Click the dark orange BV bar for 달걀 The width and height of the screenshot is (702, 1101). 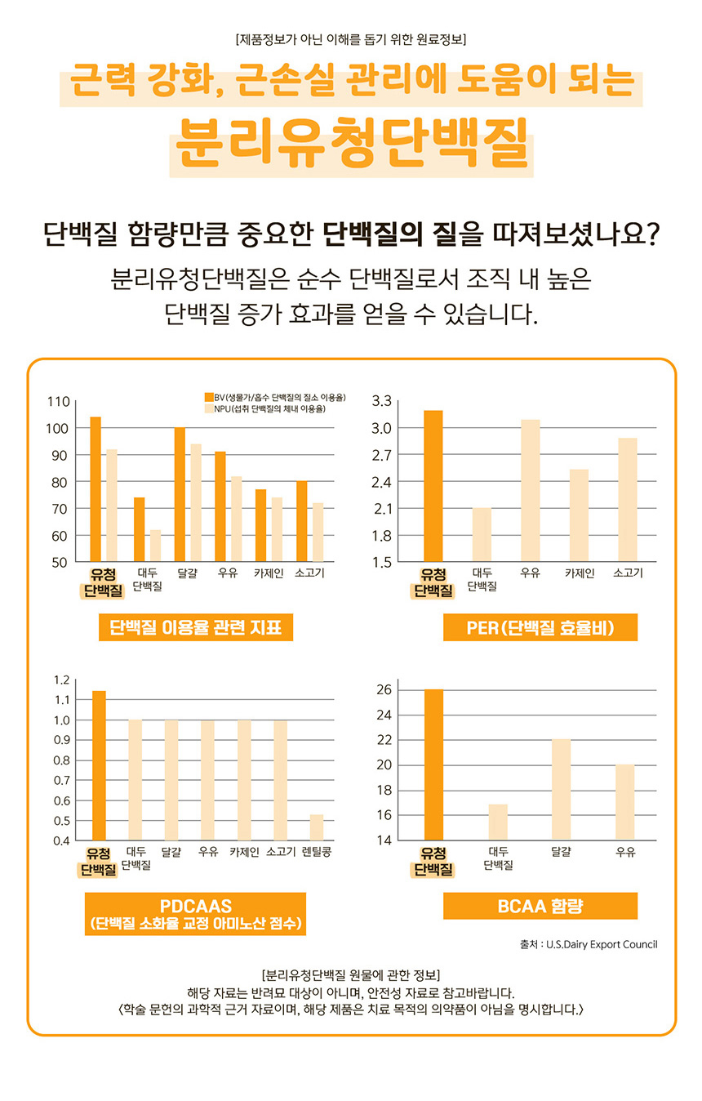(180, 494)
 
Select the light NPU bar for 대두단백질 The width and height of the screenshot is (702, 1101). (155, 546)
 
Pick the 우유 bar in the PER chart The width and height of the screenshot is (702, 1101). (530, 490)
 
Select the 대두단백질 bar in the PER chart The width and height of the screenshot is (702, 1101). (482, 534)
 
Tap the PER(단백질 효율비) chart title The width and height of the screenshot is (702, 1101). (540, 627)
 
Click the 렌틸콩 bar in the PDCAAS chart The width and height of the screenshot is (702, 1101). (317, 827)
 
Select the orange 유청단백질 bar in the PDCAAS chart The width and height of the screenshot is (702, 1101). (99, 764)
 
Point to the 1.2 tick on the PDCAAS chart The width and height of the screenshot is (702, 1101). (61, 680)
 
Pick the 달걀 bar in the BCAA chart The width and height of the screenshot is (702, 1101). (561, 789)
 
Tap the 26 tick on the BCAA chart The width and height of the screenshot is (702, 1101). (384, 690)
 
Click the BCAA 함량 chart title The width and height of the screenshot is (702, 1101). (540, 906)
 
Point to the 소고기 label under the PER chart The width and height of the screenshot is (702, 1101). (628, 573)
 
